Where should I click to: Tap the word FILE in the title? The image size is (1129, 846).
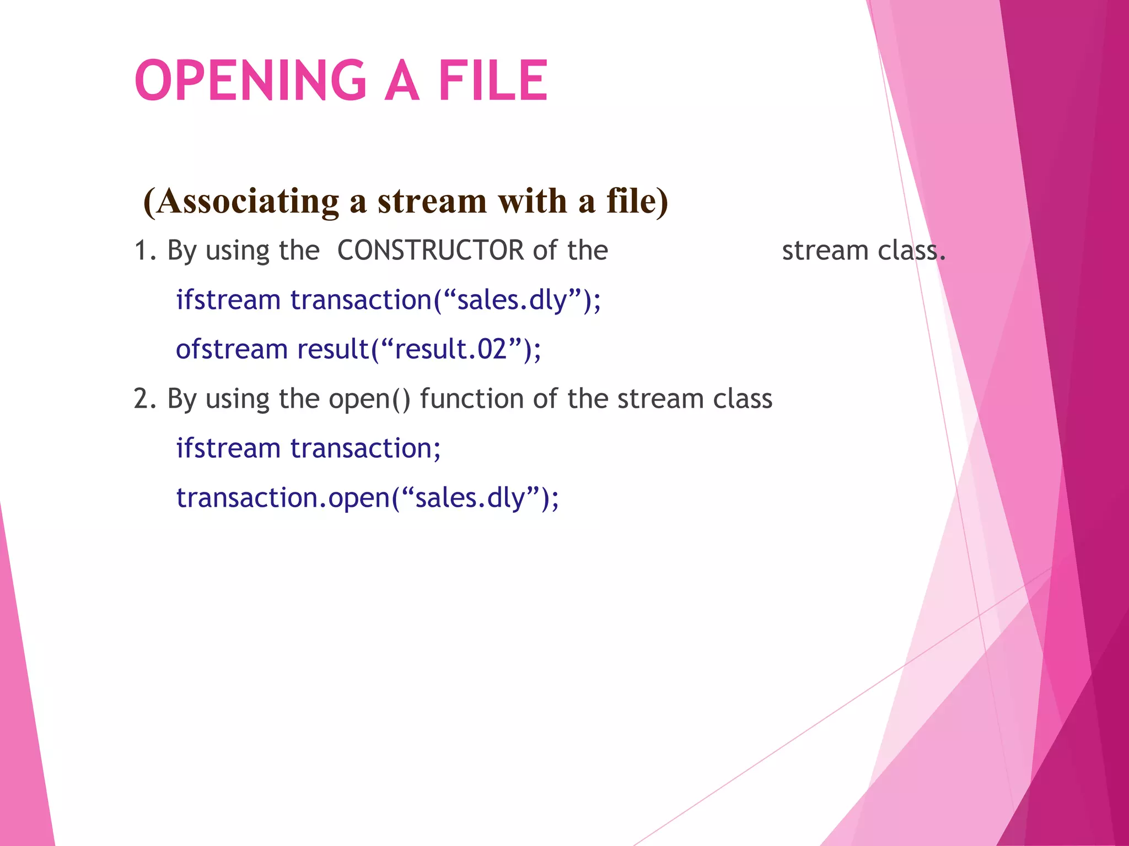click(x=493, y=81)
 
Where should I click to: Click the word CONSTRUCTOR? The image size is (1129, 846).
click(x=431, y=251)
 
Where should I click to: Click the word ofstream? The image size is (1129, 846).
click(x=232, y=349)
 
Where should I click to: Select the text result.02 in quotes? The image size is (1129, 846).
click(x=451, y=349)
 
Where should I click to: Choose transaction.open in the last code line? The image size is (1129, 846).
click(x=283, y=498)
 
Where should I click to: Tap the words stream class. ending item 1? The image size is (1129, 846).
click(x=863, y=251)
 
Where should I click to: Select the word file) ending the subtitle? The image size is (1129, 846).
click(x=637, y=201)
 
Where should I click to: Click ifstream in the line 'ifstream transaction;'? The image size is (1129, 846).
click(x=228, y=448)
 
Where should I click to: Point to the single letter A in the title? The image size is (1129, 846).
click(x=402, y=81)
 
